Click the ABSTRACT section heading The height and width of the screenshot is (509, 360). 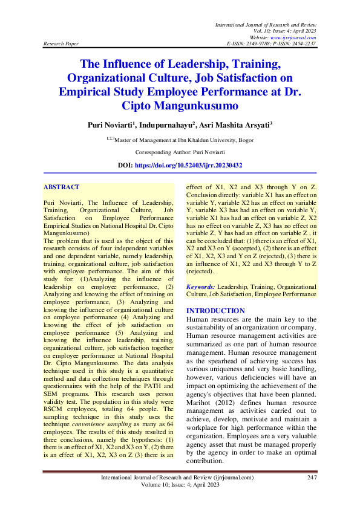coord(62,188)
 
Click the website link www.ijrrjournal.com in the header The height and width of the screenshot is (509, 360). coord(295,37)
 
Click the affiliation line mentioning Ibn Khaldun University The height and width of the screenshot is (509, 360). coord(180,140)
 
